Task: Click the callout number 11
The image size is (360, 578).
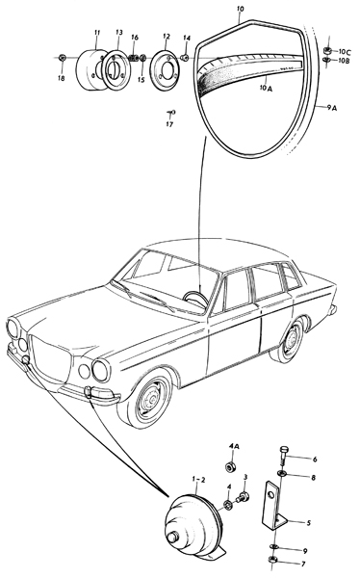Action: (x=97, y=33)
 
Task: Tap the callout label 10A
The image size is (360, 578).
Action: (x=266, y=89)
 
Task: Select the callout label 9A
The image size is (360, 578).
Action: (x=332, y=108)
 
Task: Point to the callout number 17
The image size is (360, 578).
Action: (x=169, y=124)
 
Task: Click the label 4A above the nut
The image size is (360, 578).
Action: (x=235, y=446)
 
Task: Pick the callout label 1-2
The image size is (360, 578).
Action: (x=198, y=479)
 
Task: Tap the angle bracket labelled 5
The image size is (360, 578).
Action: (x=273, y=508)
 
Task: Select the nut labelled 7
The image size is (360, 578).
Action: (x=273, y=560)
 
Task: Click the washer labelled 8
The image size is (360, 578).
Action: (x=282, y=473)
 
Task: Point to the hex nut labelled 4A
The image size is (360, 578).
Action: (x=230, y=467)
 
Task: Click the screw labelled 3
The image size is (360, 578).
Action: (x=244, y=496)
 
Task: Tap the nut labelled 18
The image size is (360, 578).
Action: (x=62, y=57)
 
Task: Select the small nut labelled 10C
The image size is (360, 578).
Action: (x=326, y=50)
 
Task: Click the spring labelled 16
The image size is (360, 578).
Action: (x=135, y=58)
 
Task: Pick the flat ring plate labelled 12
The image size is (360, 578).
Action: (x=167, y=65)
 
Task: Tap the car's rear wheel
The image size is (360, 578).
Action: (x=291, y=342)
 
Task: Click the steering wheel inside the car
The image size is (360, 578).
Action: (x=194, y=297)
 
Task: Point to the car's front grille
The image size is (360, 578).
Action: (x=50, y=356)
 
